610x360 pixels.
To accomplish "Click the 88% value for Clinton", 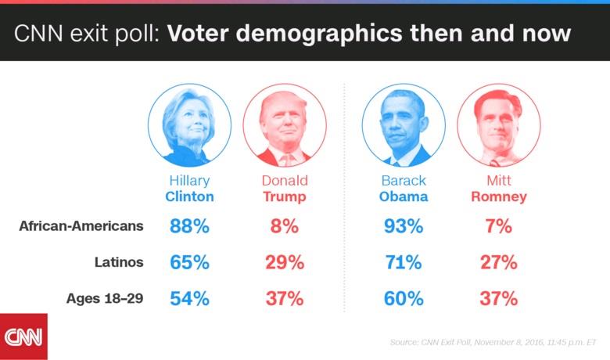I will tap(189, 227).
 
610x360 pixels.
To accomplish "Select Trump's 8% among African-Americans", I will tap(285, 227).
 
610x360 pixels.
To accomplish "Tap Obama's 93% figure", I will tap(404, 227).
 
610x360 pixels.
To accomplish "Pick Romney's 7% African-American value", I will tap(499, 227).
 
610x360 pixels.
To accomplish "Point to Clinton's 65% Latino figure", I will tap(189, 263).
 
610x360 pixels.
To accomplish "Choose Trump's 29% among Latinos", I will tap(285, 263).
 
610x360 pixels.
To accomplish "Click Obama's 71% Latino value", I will tap(404, 263).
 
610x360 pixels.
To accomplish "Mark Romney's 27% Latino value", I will tap(499, 263).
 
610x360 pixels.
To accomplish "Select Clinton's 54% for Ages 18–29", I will tap(189, 299).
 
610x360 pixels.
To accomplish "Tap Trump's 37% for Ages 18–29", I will tap(285, 299).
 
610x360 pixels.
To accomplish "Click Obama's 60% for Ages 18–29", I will tap(404, 299).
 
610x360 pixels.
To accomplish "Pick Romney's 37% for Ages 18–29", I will tap(499, 299).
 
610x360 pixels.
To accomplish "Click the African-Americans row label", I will tap(81, 226).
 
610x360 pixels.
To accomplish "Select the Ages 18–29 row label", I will tap(105, 298).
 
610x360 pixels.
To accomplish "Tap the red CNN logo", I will tap(23, 337).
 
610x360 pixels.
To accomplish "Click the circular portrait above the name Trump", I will tap(285, 125).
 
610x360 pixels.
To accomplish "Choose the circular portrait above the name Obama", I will tap(404, 125).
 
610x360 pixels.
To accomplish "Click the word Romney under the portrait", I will tap(499, 196).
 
